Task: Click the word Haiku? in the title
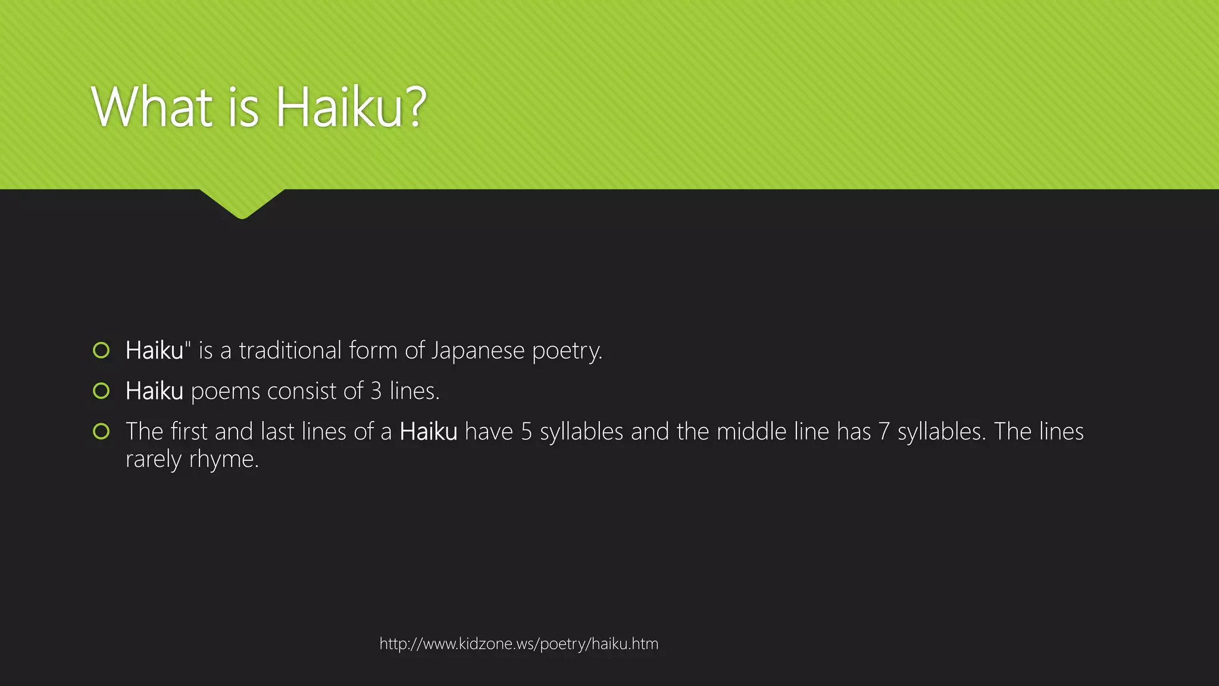pyautogui.click(x=351, y=107)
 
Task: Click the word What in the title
pyautogui.click(x=152, y=107)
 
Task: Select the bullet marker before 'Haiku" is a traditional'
pyautogui.click(x=101, y=350)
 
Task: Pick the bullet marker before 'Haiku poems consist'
pyautogui.click(x=101, y=391)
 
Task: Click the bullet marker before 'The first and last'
pyautogui.click(x=101, y=431)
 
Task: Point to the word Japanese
pyautogui.click(x=478, y=351)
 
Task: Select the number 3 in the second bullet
pyautogui.click(x=376, y=391)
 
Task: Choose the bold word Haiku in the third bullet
pyautogui.click(x=429, y=432)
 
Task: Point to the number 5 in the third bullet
pyautogui.click(x=526, y=432)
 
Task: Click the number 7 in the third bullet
pyautogui.click(x=884, y=432)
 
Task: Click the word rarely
pyautogui.click(x=154, y=460)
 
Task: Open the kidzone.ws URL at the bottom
pyautogui.click(x=519, y=644)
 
